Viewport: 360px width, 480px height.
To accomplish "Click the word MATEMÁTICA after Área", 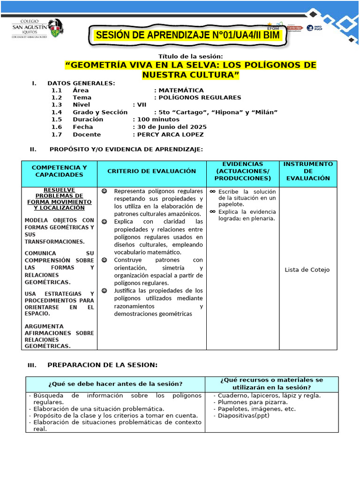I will click(x=174, y=90).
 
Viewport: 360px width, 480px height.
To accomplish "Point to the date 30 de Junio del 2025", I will click(x=170, y=127).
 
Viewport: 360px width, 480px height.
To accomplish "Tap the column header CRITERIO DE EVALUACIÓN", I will click(x=152, y=171).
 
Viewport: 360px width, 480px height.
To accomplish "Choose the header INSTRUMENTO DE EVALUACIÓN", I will click(x=308, y=171).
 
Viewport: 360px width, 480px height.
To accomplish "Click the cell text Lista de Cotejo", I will click(x=307, y=270).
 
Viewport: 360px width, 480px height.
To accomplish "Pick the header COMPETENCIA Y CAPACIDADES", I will click(x=59, y=171).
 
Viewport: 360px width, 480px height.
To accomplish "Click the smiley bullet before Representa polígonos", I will click(x=104, y=191).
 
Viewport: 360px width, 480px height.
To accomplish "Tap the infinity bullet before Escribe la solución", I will click(x=213, y=192).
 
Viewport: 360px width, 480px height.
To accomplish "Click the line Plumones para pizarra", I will click(x=252, y=402).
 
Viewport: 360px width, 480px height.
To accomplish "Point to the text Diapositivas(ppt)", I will click(x=240, y=416).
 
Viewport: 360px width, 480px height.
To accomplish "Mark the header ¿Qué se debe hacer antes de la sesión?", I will click(x=115, y=384).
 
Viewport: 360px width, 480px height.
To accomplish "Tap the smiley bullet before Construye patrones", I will click(x=104, y=260).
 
